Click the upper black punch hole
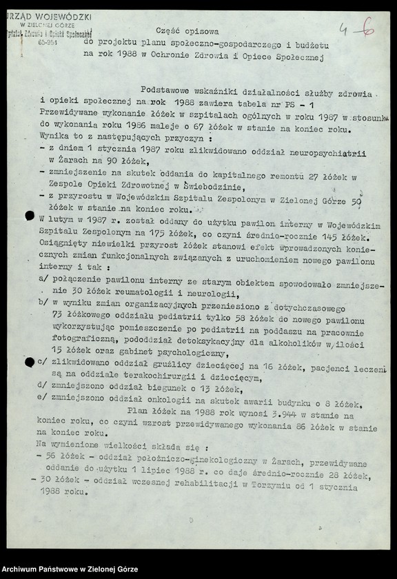[30, 216]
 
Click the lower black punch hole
[30, 361]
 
